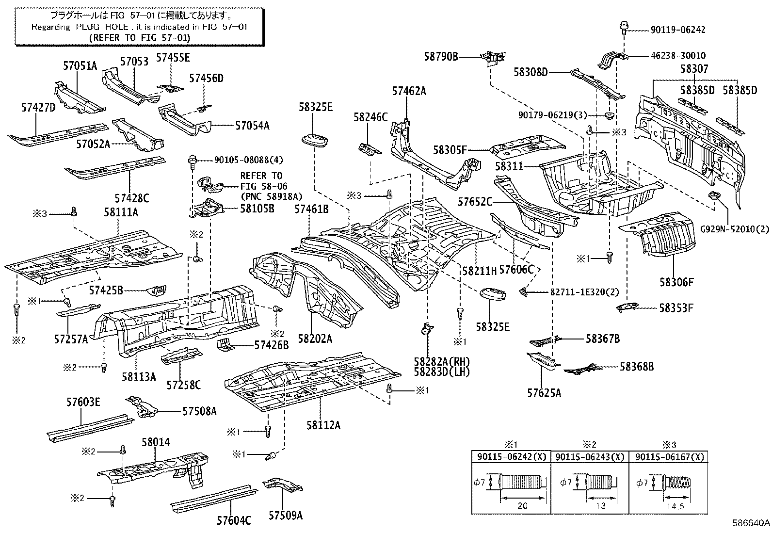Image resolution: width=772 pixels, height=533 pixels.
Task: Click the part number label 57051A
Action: (x=80, y=66)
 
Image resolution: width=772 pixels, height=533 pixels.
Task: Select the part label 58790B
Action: (x=441, y=57)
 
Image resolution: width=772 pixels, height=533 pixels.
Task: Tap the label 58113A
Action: (x=139, y=376)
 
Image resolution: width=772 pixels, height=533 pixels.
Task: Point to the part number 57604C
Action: (x=234, y=520)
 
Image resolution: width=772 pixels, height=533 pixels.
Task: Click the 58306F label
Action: (x=676, y=282)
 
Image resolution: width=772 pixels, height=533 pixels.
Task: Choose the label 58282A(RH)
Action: (x=442, y=362)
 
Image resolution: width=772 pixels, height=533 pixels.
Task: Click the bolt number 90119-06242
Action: (x=678, y=30)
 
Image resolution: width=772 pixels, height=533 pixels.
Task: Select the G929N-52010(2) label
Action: (x=735, y=229)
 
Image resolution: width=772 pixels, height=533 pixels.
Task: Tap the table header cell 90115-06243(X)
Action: (x=590, y=457)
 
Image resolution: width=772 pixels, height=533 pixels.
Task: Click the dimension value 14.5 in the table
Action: (x=675, y=507)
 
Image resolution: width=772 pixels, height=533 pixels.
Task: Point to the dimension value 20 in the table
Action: (x=522, y=506)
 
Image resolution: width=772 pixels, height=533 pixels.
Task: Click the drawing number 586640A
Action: (x=751, y=523)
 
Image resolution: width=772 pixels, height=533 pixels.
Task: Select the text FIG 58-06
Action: (x=264, y=187)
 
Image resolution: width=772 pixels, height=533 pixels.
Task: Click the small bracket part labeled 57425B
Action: (x=157, y=290)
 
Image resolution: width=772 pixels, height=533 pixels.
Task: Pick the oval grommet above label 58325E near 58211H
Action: (x=493, y=294)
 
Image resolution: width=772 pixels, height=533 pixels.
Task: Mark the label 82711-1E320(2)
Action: (x=584, y=292)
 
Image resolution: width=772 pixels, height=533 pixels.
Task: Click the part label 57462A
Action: (x=409, y=91)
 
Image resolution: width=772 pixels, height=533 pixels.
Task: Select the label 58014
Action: (x=156, y=442)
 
